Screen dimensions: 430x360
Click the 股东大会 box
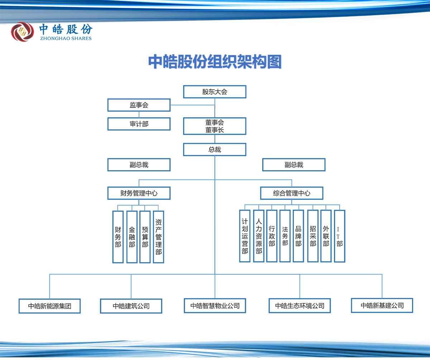click(x=215, y=92)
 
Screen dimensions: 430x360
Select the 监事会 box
click(x=139, y=105)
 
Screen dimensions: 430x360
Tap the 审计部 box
click(x=139, y=124)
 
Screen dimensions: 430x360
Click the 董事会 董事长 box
click(x=215, y=126)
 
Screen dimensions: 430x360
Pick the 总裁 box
click(x=215, y=149)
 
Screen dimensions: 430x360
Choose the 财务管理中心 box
click(x=139, y=193)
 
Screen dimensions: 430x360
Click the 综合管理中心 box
click(x=292, y=193)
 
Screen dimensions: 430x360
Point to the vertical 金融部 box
click(x=132, y=237)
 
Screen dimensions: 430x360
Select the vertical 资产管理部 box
click(x=159, y=237)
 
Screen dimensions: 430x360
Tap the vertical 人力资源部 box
click(x=259, y=236)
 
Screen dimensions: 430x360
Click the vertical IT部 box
click(x=340, y=236)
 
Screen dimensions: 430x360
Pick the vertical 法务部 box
click(x=285, y=236)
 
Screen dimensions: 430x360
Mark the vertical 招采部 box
click(x=313, y=236)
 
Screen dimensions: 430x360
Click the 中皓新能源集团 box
click(x=50, y=306)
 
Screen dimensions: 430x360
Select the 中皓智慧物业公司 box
click(x=215, y=306)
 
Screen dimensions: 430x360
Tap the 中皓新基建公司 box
click(x=382, y=306)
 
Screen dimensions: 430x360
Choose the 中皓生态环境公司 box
click(x=300, y=306)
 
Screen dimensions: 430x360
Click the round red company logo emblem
click(x=23, y=32)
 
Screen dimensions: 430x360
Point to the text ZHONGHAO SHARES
click(x=66, y=38)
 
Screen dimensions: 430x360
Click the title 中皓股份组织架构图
click(x=215, y=62)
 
